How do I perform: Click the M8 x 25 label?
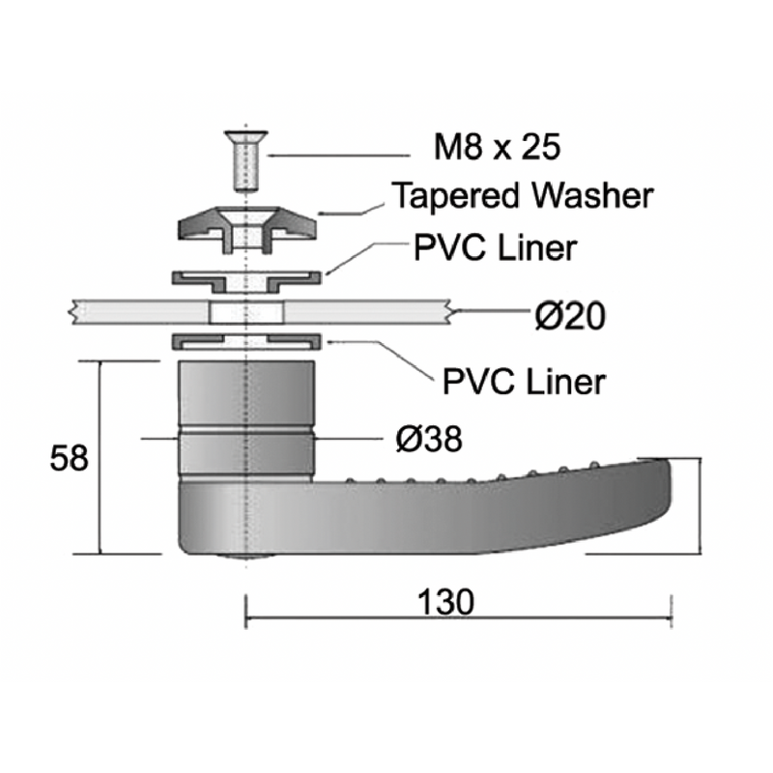(497, 148)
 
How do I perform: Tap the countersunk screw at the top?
(247, 160)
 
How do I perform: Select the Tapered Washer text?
(522, 196)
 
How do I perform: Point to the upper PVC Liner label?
(495, 246)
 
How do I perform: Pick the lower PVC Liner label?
(524, 380)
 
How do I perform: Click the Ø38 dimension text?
(429, 440)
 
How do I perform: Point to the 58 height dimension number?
(69, 458)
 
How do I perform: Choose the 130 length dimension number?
(445, 601)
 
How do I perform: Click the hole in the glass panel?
(247, 311)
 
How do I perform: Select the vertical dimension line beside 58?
(101, 458)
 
